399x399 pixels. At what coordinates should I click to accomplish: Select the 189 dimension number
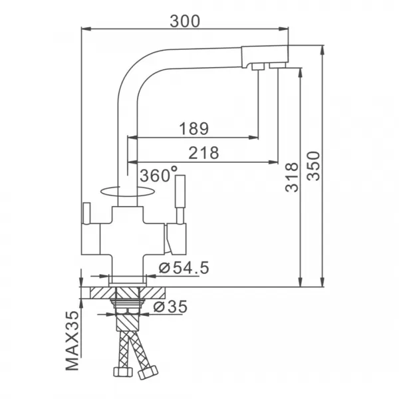coord(194,128)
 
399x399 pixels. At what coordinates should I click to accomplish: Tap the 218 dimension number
coord(203,153)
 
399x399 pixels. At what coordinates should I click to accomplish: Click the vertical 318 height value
coord(292,178)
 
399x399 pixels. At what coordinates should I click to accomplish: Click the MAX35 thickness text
coord(72,340)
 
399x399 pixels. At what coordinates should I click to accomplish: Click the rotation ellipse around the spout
coord(126,192)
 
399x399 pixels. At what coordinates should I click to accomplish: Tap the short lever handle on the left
coord(86,213)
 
